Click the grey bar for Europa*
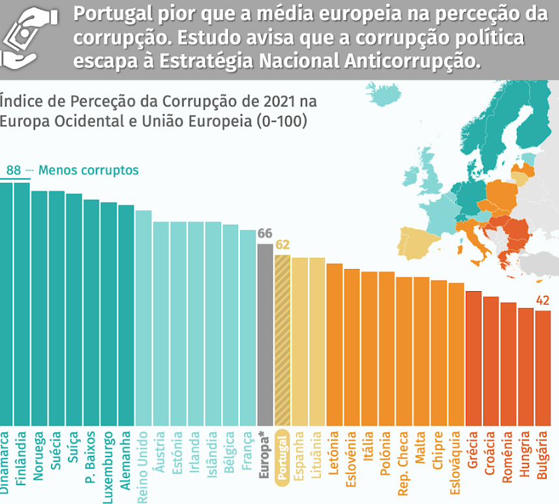coord(265,335)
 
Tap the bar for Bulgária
coord(543,368)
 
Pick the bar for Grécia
coord(474,358)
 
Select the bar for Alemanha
coord(126,315)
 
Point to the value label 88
coord(14,171)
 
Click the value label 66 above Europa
coord(265,234)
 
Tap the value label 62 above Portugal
coord(282,245)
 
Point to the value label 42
coord(543,301)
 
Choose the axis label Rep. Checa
coord(404,459)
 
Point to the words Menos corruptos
coord(89,171)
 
